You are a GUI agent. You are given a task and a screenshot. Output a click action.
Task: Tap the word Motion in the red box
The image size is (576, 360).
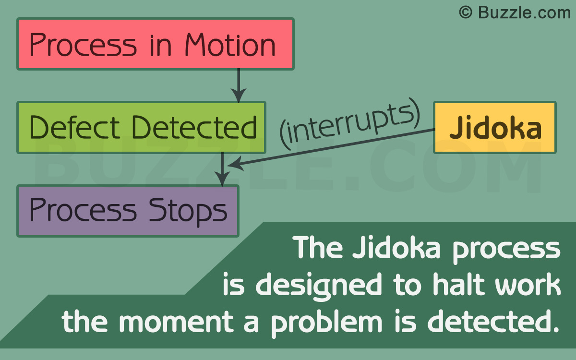pyautogui.click(x=231, y=45)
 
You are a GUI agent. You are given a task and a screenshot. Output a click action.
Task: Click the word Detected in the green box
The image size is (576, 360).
pyautogui.click(x=194, y=128)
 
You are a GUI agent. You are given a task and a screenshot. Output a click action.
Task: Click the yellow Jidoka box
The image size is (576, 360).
pyautogui.click(x=494, y=128)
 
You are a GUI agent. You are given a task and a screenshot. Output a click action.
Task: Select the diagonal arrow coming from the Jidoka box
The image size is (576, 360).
pyautogui.click(x=336, y=148)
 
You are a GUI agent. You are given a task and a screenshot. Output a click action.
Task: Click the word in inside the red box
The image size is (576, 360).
pyautogui.click(x=161, y=45)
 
